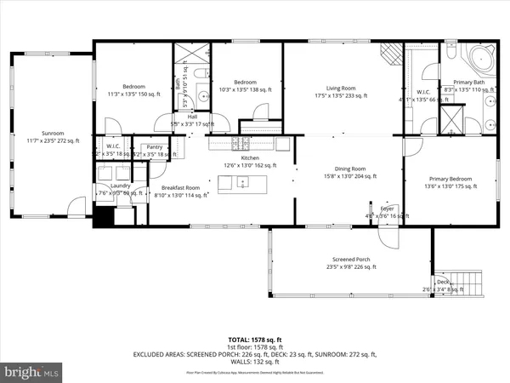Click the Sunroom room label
coord(47,134)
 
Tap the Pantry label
coord(155,146)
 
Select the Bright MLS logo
coord(32,372)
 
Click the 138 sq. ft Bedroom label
coord(246,85)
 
